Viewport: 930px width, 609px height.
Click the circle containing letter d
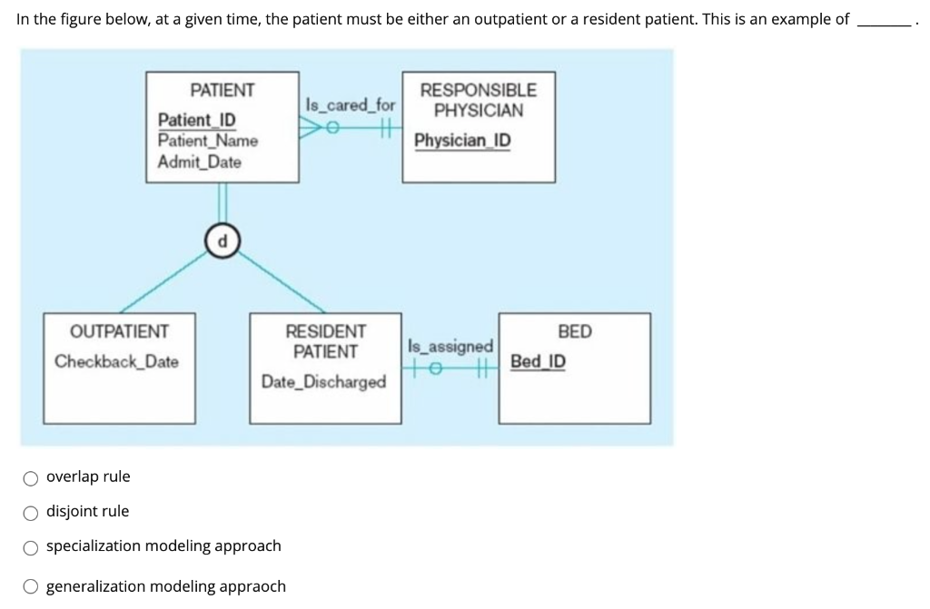[x=221, y=241]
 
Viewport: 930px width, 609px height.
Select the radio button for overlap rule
[x=31, y=477]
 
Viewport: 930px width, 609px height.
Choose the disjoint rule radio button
[x=31, y=512]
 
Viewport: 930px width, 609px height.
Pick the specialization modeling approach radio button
[x=31, y=546]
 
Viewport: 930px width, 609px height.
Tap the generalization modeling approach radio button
[x=31, y=586]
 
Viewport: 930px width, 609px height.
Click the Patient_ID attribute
[x=196, y=121]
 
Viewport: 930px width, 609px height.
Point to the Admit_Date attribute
[x=199, y=162]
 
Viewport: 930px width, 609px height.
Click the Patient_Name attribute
[x=207, y=141]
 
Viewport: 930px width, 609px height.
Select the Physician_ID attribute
[x=462, y=142]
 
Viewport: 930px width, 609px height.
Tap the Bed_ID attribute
[x=538, y=361]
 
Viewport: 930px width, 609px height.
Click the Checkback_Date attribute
[x=116, y=361]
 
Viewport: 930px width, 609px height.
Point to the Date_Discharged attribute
[x=323, y=382]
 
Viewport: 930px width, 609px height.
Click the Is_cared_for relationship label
[x=351, y=105]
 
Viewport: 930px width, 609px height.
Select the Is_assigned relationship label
[x=450, y=347]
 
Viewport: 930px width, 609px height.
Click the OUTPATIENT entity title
[x=119, y=331]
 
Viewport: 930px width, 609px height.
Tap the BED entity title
[x=574, y=331]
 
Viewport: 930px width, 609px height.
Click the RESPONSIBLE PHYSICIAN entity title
[x=478, y=100]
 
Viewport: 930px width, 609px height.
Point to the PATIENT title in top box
[x=223, y=90]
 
